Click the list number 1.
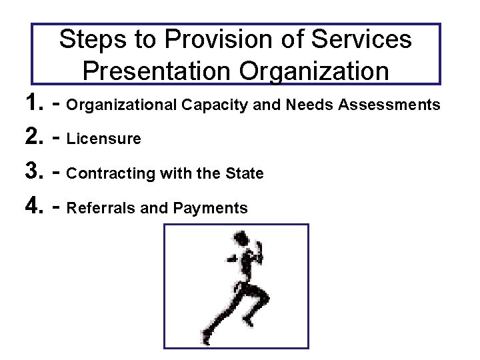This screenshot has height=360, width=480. click(34, 104)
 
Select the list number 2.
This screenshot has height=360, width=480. click(34, 139)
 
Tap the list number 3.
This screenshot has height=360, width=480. click(34, 173)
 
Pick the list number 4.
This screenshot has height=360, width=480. click(34, 208)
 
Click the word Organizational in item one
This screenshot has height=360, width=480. click(123, 105)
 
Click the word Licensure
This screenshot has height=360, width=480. click(105, 139)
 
